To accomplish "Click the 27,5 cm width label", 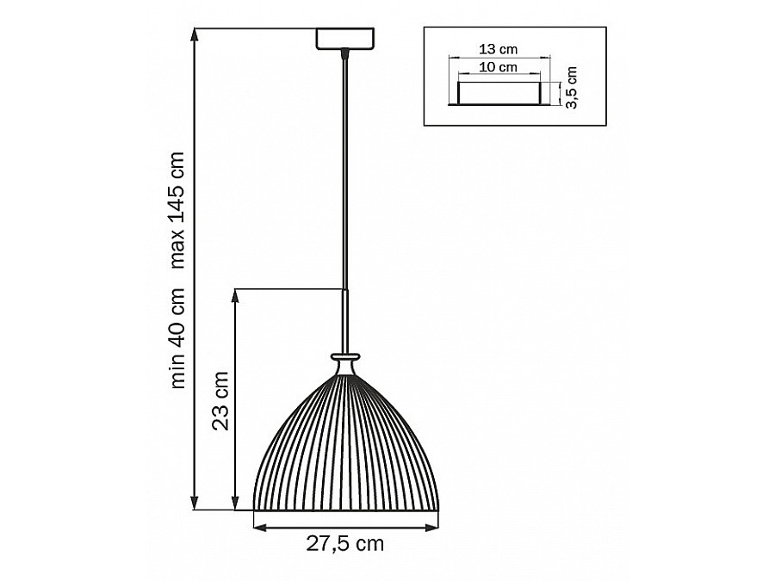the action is (344, 543).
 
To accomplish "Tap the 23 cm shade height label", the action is (220, 400).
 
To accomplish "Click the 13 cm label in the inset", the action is (499, 49).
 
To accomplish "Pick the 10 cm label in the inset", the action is (499, 66).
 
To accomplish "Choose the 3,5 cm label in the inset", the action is (572, 88).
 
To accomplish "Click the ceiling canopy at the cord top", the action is (345, 39).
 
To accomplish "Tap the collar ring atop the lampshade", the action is (345, 355).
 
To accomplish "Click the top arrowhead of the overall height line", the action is (196, 34).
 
